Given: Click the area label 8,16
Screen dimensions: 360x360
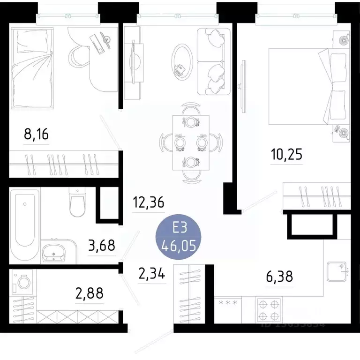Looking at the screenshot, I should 37,135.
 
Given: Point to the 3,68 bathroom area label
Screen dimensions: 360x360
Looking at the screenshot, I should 102,245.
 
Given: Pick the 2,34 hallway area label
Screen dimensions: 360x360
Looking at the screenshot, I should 151,273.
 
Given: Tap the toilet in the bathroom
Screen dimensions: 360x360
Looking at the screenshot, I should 76,202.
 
